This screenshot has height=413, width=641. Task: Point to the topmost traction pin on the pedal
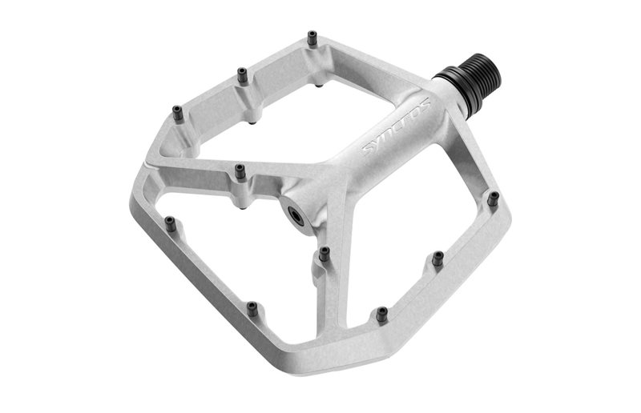(x=312, y=37)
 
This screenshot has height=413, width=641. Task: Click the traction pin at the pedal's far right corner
(x=494, y=197)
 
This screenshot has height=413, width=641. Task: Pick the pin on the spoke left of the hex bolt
(x=240, y=170)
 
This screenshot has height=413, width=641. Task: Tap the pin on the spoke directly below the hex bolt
(x=324, y=254)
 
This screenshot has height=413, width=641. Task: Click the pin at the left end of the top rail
(x=178, y=113)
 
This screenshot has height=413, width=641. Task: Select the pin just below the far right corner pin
(x=437, y=258)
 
